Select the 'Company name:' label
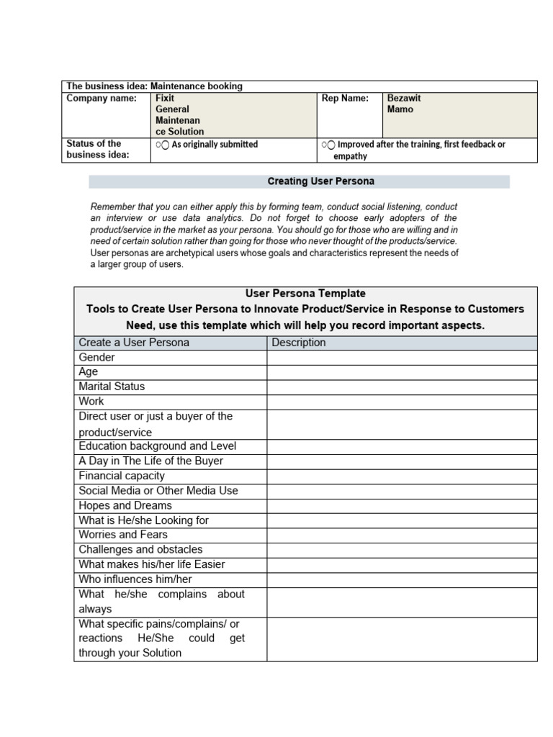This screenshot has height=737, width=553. coord(102,98)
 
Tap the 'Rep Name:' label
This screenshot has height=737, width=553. coord(345,98)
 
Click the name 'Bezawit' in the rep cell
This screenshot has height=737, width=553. coord(404,98)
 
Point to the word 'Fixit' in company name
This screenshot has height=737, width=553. coord(165,98)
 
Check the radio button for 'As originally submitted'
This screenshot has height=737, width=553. coord(165,145)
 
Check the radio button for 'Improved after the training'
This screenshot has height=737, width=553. coord(331,145)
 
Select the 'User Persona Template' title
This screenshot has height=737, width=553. coord(305,294)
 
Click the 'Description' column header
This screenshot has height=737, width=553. coord(299,343)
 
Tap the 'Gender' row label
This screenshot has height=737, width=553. coord(96,357)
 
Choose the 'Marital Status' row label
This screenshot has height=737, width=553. coord(112,386)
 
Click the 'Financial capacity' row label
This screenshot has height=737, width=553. coord(122,476)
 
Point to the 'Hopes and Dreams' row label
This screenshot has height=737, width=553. coord(125,505)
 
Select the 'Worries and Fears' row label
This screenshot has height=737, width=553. coord(123,535)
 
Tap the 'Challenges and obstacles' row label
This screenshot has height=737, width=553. coord(140,549)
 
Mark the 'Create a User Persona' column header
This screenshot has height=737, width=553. coord(134,343)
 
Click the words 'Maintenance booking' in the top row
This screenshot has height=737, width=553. coord(197,86)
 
